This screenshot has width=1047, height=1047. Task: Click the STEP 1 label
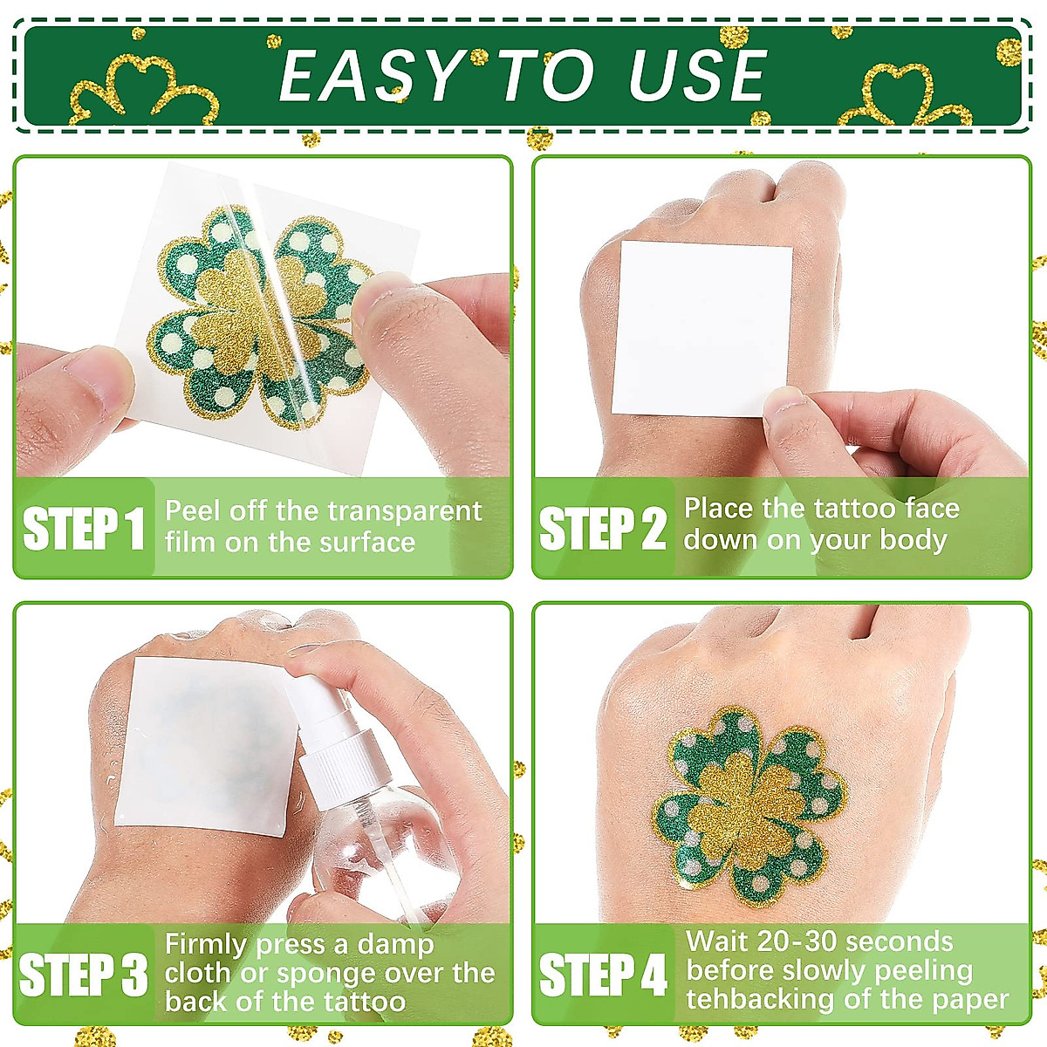84,529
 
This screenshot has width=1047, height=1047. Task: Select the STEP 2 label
603,529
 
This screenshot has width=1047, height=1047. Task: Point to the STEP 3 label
84,975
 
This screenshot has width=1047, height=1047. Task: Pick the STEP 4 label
603,975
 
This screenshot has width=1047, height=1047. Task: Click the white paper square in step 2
701,327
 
